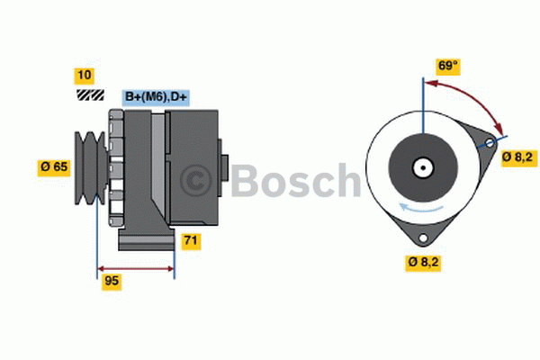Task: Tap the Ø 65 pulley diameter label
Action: coord(54,166)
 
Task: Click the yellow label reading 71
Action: coord(191,240)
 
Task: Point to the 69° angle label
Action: coord(448,67)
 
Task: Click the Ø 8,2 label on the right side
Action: coord(518,157)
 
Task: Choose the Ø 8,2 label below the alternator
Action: coord(424,263)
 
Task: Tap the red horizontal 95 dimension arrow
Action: coord(135,267)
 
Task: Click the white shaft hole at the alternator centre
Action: coord(421,167)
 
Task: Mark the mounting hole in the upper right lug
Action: coord(490,144)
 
